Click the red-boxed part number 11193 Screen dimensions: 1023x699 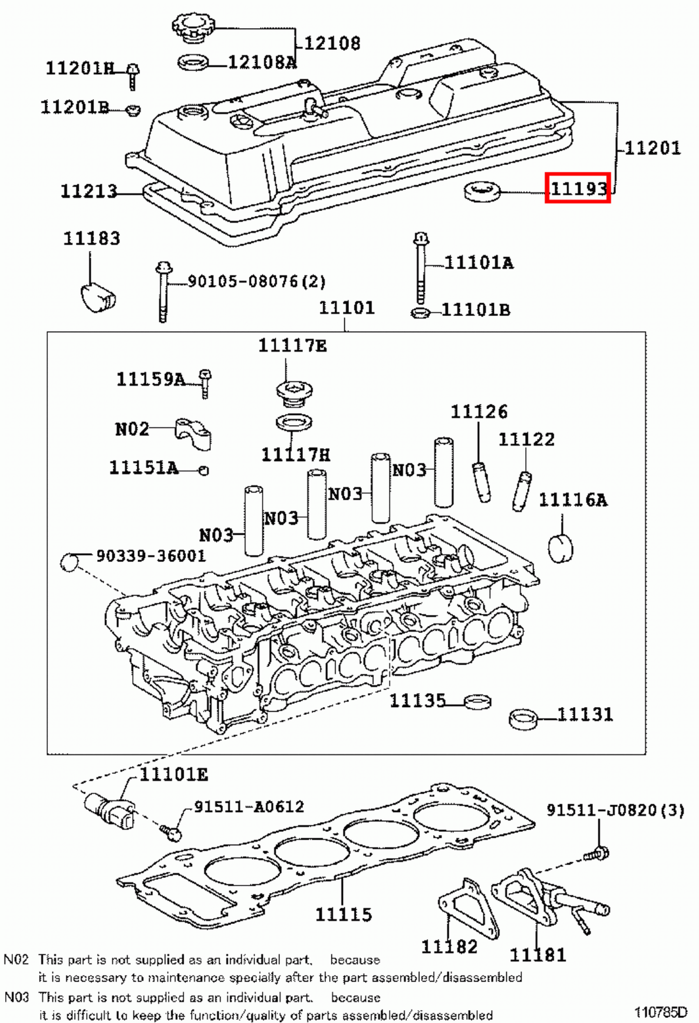point(578,188)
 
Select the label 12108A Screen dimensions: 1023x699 point(263,62)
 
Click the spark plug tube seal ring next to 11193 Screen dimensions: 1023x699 point(482,191)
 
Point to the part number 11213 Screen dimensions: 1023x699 point(89,191)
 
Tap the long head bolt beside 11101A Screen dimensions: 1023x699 point(420,269)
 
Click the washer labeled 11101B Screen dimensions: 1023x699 point(420,313)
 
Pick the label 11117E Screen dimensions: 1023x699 point(292,346)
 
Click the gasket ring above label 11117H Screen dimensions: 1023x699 point(294,423)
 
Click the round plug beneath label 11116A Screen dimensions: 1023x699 point(560,548)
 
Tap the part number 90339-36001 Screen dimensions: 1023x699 point(151,556)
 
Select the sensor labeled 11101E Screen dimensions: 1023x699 point(110,811)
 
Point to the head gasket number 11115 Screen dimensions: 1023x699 point(343,914)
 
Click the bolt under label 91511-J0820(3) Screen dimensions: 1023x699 point(597,853)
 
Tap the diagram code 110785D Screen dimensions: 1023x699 point(660,1012)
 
